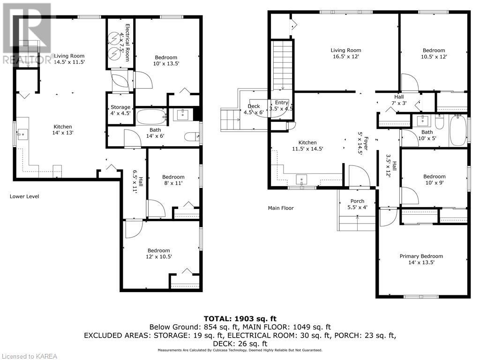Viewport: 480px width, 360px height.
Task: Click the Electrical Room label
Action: click(127, 43)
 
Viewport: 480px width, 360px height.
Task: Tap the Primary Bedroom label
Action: click(421, 256)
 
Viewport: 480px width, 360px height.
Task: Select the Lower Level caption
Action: click(24, 196)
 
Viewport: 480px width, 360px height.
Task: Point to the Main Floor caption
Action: click(281, 208)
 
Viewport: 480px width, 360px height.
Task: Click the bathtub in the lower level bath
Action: click(151, 117)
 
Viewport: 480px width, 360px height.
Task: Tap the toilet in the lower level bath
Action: click(192, 136)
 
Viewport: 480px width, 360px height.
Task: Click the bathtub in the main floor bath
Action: click(458, 131)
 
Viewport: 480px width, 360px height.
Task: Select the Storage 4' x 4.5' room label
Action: click(120, 110)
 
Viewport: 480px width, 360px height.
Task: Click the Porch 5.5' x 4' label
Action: click(357, 204)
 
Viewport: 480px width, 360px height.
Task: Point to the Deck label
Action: click(254, 106)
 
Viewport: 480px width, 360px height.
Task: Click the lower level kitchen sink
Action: click(22, 135)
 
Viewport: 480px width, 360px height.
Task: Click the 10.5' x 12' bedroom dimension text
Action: click(434, 57)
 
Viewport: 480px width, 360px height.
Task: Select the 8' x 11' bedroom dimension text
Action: click(173, 183)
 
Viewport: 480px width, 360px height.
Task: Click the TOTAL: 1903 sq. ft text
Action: click(240, 319)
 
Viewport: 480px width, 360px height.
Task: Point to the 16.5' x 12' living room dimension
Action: click(345, 57)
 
